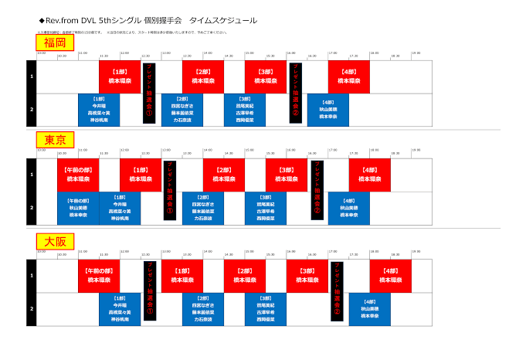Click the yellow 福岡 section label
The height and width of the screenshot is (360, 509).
[54, 42]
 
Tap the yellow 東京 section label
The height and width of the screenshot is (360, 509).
[54, 140]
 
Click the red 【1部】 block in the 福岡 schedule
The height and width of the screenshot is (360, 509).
[119, 76]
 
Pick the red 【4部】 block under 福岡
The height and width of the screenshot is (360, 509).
[348, 76]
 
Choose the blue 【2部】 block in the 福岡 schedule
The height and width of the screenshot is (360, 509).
[182, 110]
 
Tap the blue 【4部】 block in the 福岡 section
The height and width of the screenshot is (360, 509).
[328, 110]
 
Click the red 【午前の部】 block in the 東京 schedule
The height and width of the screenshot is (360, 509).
[77, 175]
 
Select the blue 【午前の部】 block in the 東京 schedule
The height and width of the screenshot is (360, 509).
[77, 208]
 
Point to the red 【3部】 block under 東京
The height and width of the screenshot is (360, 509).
[286, 175]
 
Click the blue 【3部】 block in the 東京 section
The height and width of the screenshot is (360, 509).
[266, 208]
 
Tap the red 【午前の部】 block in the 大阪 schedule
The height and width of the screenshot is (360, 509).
[98, 276]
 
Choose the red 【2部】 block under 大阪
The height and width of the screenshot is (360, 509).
[245, 276]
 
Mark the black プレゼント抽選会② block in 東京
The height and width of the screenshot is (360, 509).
[317, 191]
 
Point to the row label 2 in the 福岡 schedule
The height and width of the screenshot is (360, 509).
[32, 110]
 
